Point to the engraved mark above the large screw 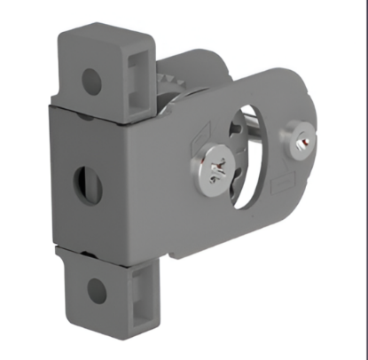pos(206,136)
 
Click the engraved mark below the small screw pos(286,184)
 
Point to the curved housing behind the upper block pos(191,67)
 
